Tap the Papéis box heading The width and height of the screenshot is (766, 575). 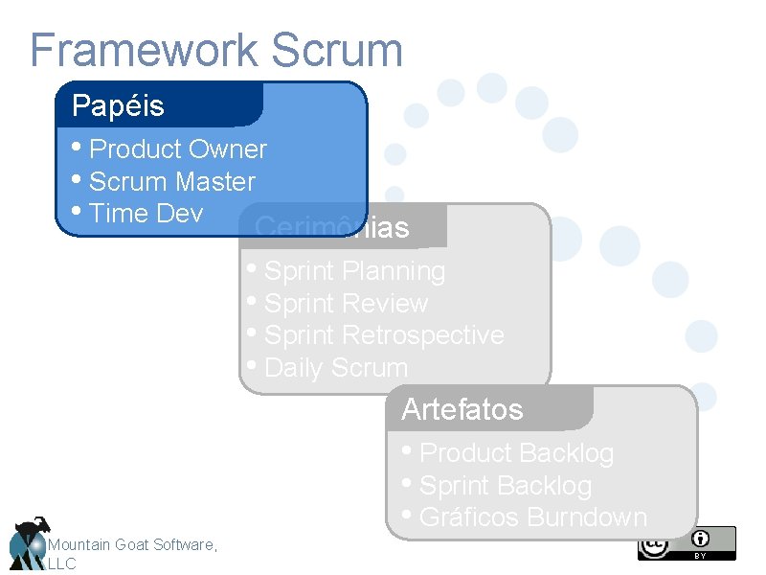click(118, 105)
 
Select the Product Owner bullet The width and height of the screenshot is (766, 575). click(177, 149)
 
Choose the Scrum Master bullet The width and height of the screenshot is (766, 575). click(171, 182)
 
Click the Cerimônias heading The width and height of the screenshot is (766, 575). click(332, 228)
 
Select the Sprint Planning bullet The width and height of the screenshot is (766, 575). click(354, 272)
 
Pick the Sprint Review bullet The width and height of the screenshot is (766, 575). click(346, 304)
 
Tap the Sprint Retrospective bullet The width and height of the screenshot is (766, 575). click(383, 335)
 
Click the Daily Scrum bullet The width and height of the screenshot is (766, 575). click(335, 368)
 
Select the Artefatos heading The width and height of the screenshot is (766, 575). click(462, 410)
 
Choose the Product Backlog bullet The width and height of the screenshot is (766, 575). click(516, 453)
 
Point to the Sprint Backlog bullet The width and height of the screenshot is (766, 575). click(506, 486)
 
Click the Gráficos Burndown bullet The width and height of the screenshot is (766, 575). click(533, 517)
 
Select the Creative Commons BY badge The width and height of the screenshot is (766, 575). click(687, 543)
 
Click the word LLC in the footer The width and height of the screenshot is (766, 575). click(61, 564)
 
